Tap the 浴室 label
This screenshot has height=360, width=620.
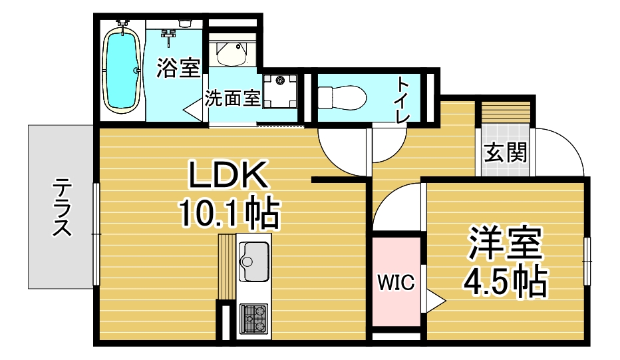click(x=178, y=68)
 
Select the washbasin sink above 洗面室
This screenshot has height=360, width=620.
click(x=232, y=53)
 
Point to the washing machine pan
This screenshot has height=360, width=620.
click(x=280, y=91)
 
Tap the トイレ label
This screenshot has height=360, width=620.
click(x=404, y=101)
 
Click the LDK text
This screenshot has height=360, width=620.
click(x=229, y=174)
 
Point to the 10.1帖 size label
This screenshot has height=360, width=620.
click(x=230, y=214)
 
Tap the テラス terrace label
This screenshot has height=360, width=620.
click(x=62, y=207)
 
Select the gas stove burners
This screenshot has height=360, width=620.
click(x=253, y=319)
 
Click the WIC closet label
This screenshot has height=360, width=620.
click(x=396, y=282)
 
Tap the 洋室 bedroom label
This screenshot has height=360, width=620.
click(x=505, y=243)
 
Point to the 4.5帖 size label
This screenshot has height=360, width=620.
click(x=506, y=281)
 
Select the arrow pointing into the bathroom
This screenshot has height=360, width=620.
click(x=192, y=109)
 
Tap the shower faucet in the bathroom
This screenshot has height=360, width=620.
click(x=169, y=34)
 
